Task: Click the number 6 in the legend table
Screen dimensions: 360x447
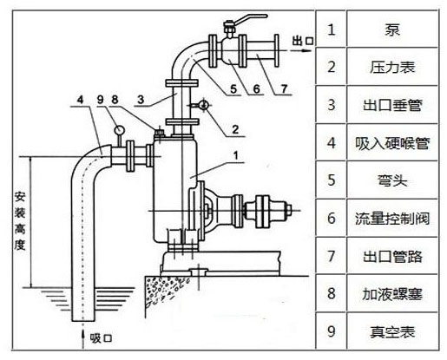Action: pos(331,219)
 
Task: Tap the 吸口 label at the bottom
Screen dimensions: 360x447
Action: pos(102,336)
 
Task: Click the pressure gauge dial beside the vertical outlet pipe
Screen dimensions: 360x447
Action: pos(201,105)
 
